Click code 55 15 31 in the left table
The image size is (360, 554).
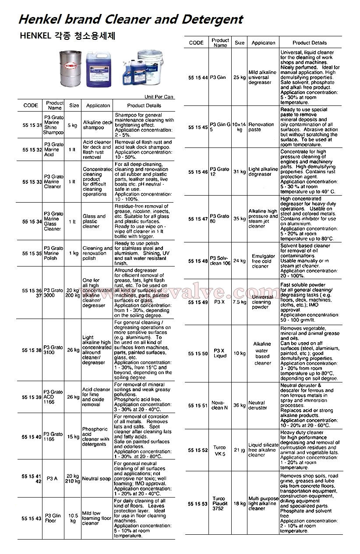coord(32,125)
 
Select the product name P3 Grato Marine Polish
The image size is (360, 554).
coord(54,253)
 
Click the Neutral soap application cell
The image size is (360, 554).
coord(96,478)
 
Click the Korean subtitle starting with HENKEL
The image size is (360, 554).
coord(68,36)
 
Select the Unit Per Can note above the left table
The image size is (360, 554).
coord(159,97)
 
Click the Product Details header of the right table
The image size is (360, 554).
coord(310,43)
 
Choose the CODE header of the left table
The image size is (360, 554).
coord(31,105)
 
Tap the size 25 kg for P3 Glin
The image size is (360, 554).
coord(240,77)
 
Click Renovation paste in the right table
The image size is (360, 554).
coord(261,127)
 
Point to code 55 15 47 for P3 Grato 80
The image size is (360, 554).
coord(198,219)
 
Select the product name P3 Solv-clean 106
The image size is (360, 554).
coord(220,261)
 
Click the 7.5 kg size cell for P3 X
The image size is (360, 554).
coord(240,302)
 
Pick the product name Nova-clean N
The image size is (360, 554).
coord(220,405)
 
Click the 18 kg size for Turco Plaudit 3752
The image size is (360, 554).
coord(240,504)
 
